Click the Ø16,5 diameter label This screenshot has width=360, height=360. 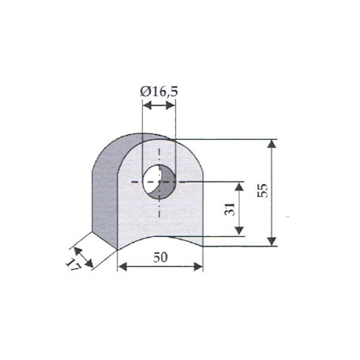pos(159,91)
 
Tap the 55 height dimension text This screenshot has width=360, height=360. pos(262,191)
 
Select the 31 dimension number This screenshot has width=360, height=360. pos(229,209)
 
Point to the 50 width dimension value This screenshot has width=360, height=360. pos(160,257)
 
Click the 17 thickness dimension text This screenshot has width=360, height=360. pos(73,265)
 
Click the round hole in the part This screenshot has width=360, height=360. pos(159,182)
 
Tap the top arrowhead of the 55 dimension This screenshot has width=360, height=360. pos(271,143)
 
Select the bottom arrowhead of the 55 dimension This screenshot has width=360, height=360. pos(271,241)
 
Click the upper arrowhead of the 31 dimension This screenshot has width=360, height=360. pos(239,187)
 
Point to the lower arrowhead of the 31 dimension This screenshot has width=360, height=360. pos(239,231)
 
